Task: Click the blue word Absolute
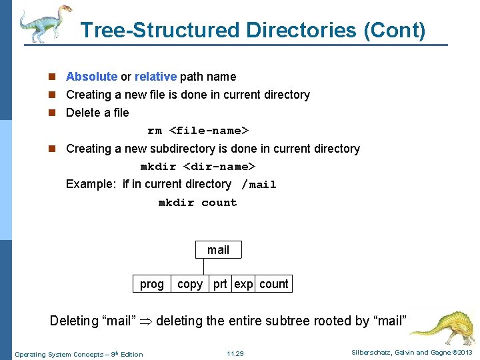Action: (x=91, y=77)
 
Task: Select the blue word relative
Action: (x=155, y=77)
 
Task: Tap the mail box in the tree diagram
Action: (x=218, y=250)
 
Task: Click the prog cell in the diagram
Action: (x=151, y=284)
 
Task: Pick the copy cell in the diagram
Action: (x=190, y=284)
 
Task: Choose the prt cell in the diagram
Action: (x=220, y=284)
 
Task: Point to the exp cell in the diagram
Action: (x=243, y=284)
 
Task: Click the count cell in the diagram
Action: (x=274, y=284)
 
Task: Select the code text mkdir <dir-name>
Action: (x=197, y=167)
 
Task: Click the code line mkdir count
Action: (x=197, y=203)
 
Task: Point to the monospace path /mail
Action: (x=259, y=185)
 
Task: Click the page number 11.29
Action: (x=235, y=353)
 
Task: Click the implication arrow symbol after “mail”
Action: (x=146, y=321)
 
